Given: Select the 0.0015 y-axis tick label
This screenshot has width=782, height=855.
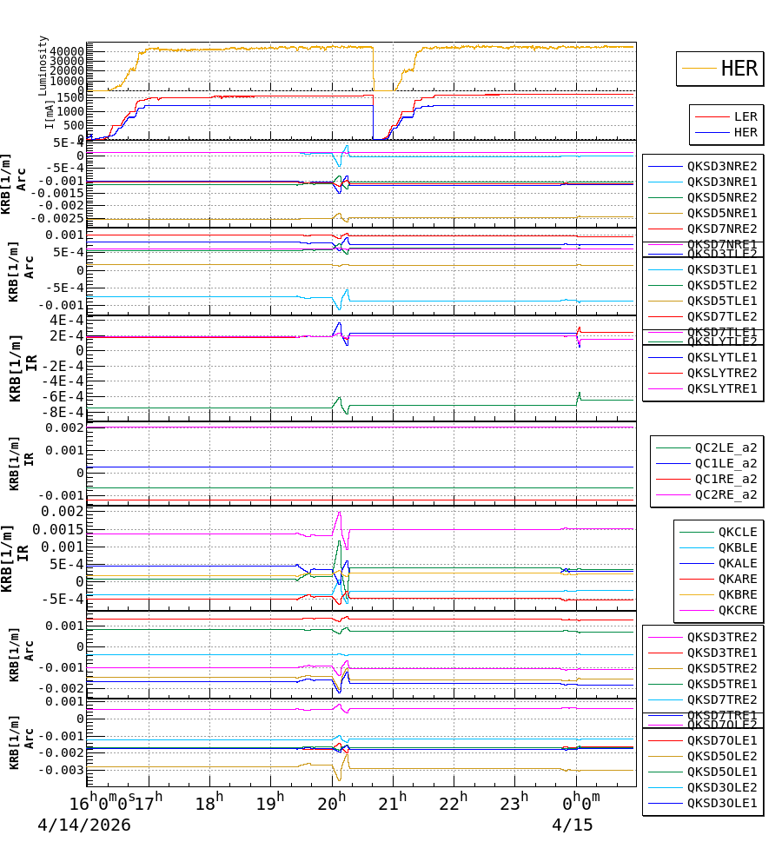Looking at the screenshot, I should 57,529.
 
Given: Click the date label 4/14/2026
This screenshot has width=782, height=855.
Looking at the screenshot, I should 84,825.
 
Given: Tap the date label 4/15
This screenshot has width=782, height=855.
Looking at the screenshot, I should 573,825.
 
